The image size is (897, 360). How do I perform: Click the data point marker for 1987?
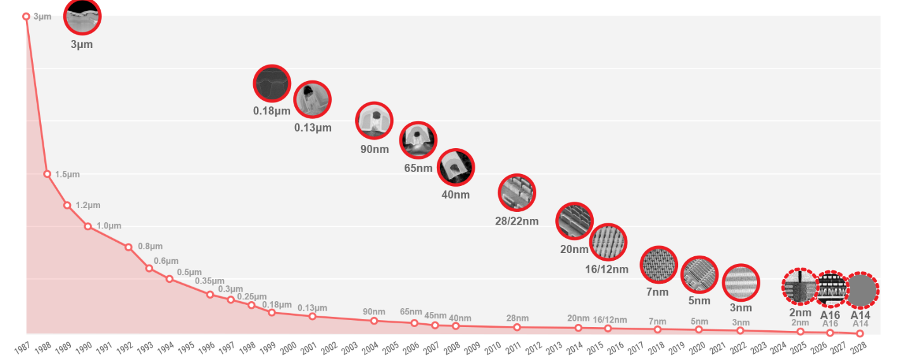pyautogui.click(x=26, y=16)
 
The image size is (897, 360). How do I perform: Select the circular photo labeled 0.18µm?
pyautogui.click(x=272, y=84)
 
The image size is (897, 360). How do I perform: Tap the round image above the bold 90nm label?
pyautogui.click(x=374, y=120)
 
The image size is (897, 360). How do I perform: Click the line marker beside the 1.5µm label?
pyautogui.click(x=47, y=174)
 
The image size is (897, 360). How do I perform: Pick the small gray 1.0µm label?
pyautogui.click(x=109, y=226)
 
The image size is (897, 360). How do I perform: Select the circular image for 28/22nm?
pyautogui.click(x=517, y=192)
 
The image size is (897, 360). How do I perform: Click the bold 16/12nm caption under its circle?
pyautogui.click(x=606, y=270)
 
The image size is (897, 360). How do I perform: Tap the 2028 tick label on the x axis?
pyautogui.click(x=858, y=349)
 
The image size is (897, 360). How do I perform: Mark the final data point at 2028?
pyautogui.click(x=860, y=333)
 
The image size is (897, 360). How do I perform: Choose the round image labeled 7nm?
pyautogui.click(x=658, y=265)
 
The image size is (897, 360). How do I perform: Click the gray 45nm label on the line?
pyautogui.click(x=436, y=316)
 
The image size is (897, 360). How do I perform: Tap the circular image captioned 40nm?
pyautogui.click(x=456, y=168)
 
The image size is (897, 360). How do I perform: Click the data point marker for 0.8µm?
pyautogui.click(x=129, y=247)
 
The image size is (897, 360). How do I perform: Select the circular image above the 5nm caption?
pyautogui.click(x=699, y=275)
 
